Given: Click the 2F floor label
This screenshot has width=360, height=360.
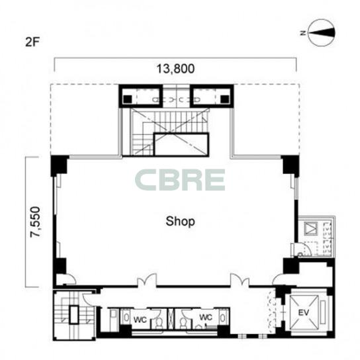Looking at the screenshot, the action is click(32, 42).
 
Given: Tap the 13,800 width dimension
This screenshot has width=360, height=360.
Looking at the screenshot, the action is click(175, 69).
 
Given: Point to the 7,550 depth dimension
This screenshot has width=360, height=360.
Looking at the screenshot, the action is click(36, 222).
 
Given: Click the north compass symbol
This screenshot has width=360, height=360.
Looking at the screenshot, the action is click(321, 32).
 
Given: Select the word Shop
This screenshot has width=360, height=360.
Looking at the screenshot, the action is click(180, 222).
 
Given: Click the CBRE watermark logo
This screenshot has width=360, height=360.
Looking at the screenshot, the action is click(180, 180).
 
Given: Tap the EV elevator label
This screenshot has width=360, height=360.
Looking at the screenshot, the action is click(304, 312).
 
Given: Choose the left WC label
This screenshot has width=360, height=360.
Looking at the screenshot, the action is click(140, 320).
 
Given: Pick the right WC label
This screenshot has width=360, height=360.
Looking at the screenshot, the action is click(206, 317).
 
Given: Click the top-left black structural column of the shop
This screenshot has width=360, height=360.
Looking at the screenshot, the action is click(59, 165).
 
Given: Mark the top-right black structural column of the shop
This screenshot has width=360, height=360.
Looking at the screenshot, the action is click(291, 165).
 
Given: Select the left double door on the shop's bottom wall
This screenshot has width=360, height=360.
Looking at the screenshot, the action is click(147, 280).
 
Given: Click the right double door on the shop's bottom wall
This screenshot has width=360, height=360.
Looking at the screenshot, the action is click(240, 280).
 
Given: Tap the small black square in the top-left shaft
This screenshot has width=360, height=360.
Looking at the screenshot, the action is click(128, 99).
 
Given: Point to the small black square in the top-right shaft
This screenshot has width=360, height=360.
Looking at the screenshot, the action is click(225, 99).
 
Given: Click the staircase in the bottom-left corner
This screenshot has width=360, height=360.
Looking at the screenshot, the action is click(73, 315).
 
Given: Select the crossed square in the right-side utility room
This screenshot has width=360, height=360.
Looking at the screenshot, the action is click(310, 229).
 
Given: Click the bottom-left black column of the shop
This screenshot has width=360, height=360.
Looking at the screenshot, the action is click(60, 266).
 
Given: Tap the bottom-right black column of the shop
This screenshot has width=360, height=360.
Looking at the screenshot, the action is click(291, 265).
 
